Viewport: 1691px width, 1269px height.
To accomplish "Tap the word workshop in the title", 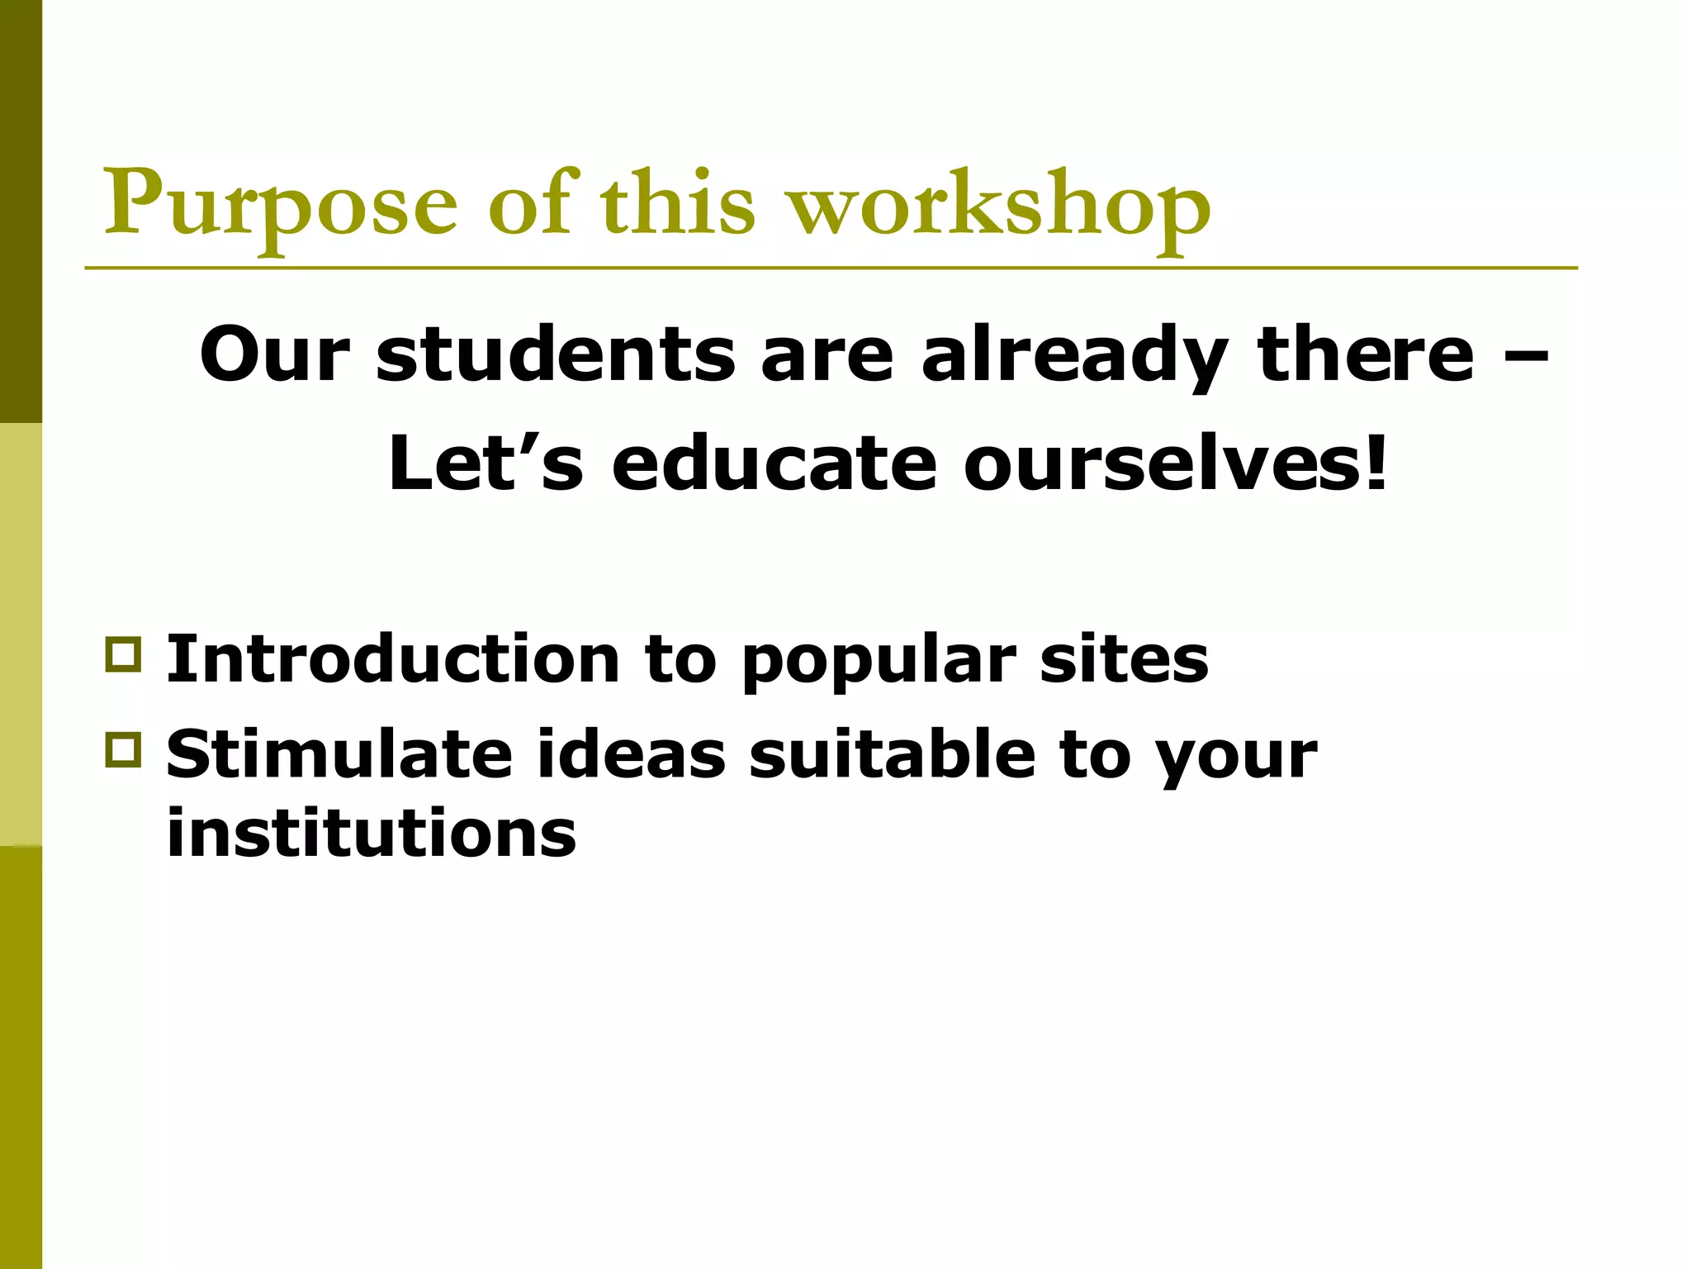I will click(x=1000, y=207).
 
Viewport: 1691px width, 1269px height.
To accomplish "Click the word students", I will click(x=555, y=354).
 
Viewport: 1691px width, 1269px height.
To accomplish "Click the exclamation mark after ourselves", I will click(x=1376, y=463).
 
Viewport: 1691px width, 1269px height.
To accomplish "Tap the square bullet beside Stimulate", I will click(x=123, y=749).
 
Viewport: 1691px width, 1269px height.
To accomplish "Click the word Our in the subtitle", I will click(x=275, y=354).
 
